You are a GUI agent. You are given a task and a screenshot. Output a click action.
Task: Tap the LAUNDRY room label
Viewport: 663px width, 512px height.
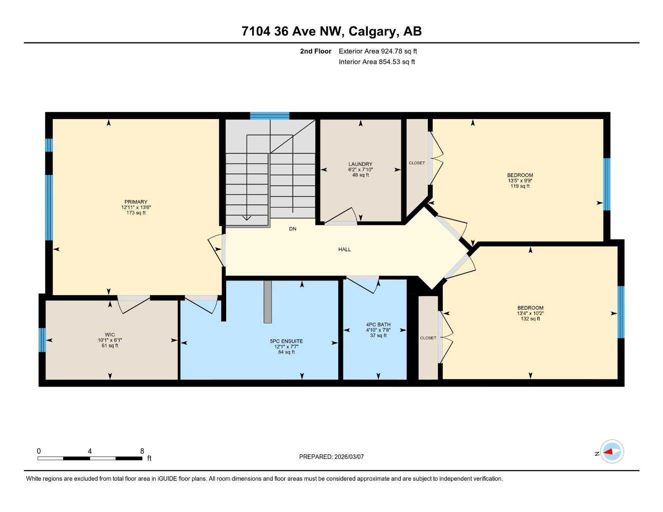click(360, 164)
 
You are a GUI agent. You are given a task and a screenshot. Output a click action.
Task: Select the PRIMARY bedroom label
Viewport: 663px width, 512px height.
click(136, 202)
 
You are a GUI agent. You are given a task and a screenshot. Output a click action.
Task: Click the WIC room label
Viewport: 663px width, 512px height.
click(110, 335)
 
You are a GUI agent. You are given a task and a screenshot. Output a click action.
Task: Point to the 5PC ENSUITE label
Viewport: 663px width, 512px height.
click(286, 341)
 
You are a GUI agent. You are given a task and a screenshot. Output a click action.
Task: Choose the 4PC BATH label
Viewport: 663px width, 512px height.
click(378, 325)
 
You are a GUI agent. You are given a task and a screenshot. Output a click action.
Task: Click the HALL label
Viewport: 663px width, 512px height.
click(344, 249)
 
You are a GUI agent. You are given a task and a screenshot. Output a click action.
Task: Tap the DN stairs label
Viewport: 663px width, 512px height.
click(293, 229)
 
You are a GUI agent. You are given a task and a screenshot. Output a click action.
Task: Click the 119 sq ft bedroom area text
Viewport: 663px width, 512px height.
click(520, 186)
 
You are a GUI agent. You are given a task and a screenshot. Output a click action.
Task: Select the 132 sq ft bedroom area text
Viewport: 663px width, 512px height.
click(530, 319)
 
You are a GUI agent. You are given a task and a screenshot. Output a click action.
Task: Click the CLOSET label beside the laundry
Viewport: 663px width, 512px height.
click(417, 163)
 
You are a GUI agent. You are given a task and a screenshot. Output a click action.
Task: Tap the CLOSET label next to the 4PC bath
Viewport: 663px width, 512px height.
click(428, 338)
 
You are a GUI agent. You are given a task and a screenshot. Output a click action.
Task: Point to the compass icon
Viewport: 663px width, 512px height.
click(611, 452)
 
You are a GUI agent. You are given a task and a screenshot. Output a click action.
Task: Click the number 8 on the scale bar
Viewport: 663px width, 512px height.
click(142, 451)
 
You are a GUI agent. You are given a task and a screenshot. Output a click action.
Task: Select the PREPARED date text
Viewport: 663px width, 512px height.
click(331, 457)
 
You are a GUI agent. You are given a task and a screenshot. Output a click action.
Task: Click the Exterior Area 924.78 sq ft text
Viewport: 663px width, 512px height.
click(378, 51)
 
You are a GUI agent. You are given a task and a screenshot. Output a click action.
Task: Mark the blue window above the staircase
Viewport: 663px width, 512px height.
click(270, 116)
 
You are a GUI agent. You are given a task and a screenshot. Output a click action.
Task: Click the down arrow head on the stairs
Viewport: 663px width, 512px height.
click(246, 217)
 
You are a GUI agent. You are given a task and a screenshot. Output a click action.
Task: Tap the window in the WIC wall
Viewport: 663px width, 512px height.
click(43, 340)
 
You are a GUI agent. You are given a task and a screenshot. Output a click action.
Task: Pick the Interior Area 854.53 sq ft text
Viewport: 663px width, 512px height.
click(377, 62)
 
